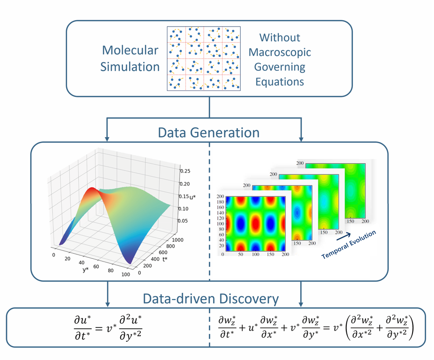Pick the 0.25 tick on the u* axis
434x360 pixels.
[186, 171]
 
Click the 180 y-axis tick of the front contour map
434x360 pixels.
[220, 202]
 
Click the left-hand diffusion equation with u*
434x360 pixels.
[111, 327]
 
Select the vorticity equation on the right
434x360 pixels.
[316, 327]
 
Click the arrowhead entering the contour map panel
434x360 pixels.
[302, 138]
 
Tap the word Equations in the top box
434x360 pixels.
[281, 82]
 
